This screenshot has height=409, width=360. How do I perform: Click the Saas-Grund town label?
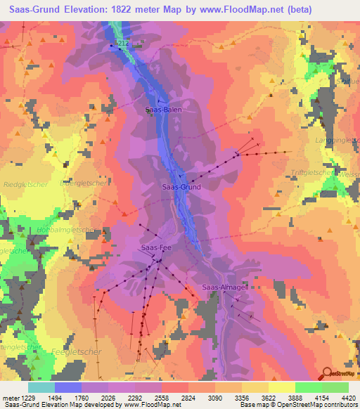[181, 188]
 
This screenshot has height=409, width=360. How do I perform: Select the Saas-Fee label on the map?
[156, 248]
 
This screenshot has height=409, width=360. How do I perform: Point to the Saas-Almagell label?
[223, 287]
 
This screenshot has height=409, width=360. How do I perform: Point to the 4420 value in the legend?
[340, 397]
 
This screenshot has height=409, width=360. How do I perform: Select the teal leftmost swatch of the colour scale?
[41, 387]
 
